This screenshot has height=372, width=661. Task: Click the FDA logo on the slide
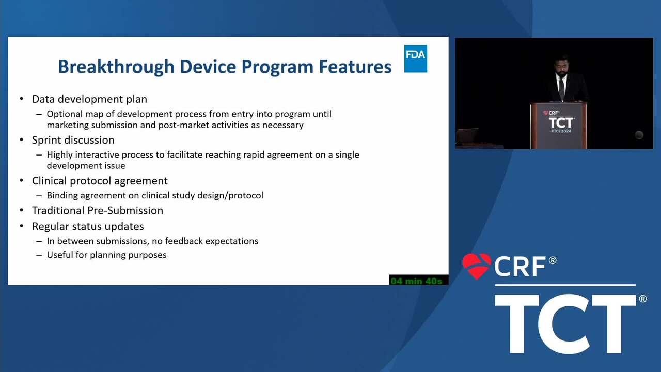[x=416, y=59]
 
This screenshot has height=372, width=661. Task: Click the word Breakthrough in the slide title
[x=116, y=67]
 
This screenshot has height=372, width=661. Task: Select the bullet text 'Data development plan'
[x=89, y=99]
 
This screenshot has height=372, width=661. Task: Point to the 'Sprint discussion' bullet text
[x=73, y=140]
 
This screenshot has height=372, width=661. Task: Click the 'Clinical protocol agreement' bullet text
[x=100, y=181]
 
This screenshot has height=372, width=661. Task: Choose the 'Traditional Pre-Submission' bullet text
[x=98, y=210]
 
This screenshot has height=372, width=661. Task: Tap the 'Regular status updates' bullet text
[x=88, y=226]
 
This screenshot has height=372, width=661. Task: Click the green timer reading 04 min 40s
[x=416, y=281]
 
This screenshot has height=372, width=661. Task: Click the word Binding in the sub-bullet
[x=62, y=195]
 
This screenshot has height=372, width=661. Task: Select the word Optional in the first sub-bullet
[x=64, y=114]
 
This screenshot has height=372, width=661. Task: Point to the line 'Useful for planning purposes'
[x=106, y=255]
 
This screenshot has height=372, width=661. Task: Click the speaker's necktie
[x=561, y=88]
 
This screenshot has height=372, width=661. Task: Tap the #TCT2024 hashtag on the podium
[x=561, y=131]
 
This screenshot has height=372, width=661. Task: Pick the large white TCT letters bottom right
[x=565, y=323]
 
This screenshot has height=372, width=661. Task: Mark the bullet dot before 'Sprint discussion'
[x=22, y=139]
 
